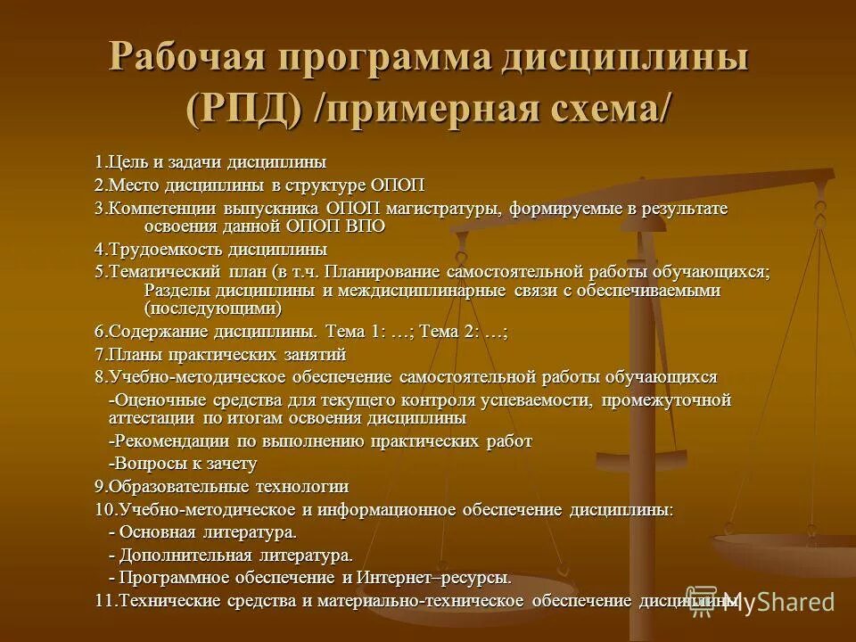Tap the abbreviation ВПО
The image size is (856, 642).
point(366,226)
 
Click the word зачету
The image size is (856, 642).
point(232,464)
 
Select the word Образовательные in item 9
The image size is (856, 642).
point(169,487)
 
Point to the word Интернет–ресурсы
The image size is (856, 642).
point(445,578)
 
